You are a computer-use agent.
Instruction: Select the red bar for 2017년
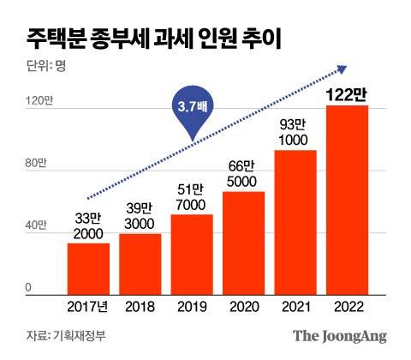(x=89, y=268)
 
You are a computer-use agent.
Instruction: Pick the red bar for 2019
(x=192, y=254)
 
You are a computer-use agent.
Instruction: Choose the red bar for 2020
(x=243, y=243)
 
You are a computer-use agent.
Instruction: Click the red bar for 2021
(x=295, y=222)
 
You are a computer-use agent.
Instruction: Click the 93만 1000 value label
(x=295, y=129)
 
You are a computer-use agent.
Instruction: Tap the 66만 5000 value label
(x=243, y=171)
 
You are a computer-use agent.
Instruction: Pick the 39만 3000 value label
(x=140, y=213)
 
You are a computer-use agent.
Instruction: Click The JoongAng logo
(x=342, y=335)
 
